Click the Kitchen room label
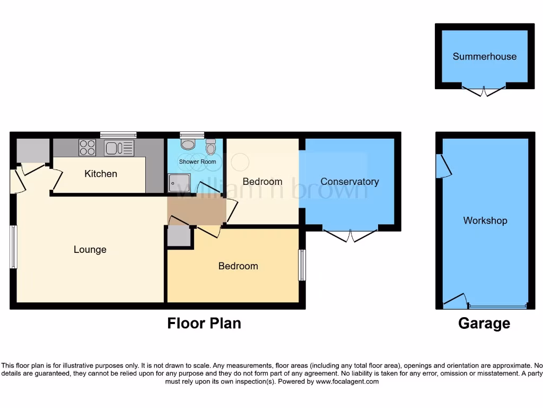pyautogui.click(x=101, y=174)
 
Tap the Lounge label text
pyautogui.click(x=90, y=249)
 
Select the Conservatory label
pyautogui.click(x=349, y=182)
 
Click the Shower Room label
pyautogui.click(x=197, y=161)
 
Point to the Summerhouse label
pyautogui.click(x=484, y=56)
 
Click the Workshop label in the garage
pyautogui.click(x=485, y=220)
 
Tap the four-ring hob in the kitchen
pyautogui.click(x=87, y=147)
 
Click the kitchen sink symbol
pyautogui.click(x=119, y=148)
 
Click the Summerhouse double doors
pyautogui.click(x=484, y=91)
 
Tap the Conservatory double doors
pyautogui.click(x=351, y=235)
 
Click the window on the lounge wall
pyautogui.click(x=14, y=247)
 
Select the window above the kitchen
pyautogui.click(x=118, y=135)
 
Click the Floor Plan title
pyautogui.click(x=204, y=323)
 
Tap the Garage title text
pyautogui.click(x=484, y=323)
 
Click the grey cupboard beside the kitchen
pyautogui.click(x=33, y=151)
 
